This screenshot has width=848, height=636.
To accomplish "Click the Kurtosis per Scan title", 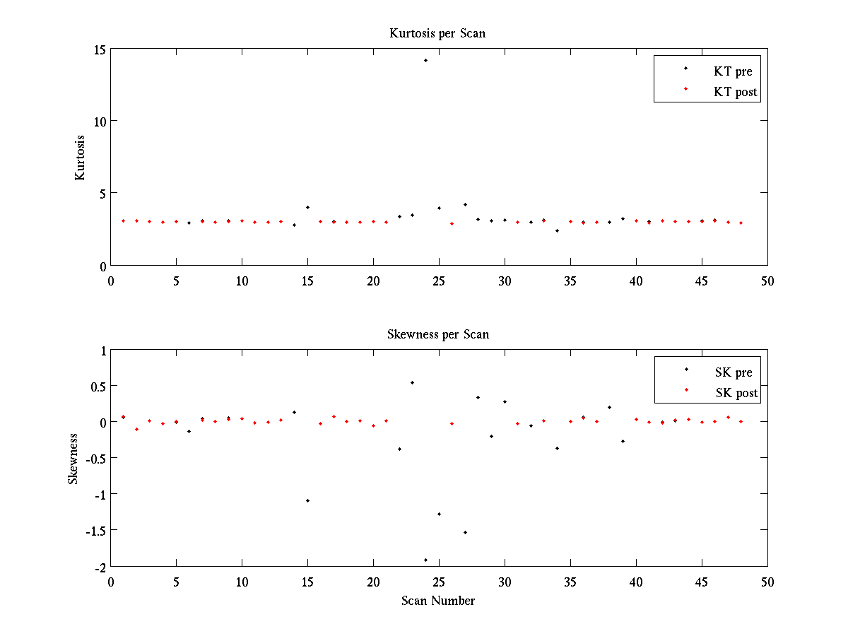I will point(437,33).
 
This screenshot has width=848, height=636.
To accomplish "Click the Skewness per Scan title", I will point(437,334).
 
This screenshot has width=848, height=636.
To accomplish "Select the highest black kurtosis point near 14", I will point(425,61).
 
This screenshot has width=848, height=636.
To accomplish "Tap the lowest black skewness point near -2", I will point(425,560).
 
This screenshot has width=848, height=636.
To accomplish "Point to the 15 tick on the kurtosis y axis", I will point(98,49).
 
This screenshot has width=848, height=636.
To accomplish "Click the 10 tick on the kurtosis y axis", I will point(98,122).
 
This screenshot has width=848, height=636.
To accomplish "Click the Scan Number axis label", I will point(438,601).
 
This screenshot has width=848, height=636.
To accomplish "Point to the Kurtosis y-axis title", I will point(81,158).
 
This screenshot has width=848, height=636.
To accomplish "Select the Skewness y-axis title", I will point(73,459).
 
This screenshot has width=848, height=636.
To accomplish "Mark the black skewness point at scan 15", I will point(307,500).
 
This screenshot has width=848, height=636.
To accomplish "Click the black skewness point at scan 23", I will point(412,382).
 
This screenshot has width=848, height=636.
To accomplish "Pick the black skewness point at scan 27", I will point(465,532).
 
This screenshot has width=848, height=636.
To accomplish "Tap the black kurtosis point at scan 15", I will point(307,207).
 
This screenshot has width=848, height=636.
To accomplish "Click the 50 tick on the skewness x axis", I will point(767,582).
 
